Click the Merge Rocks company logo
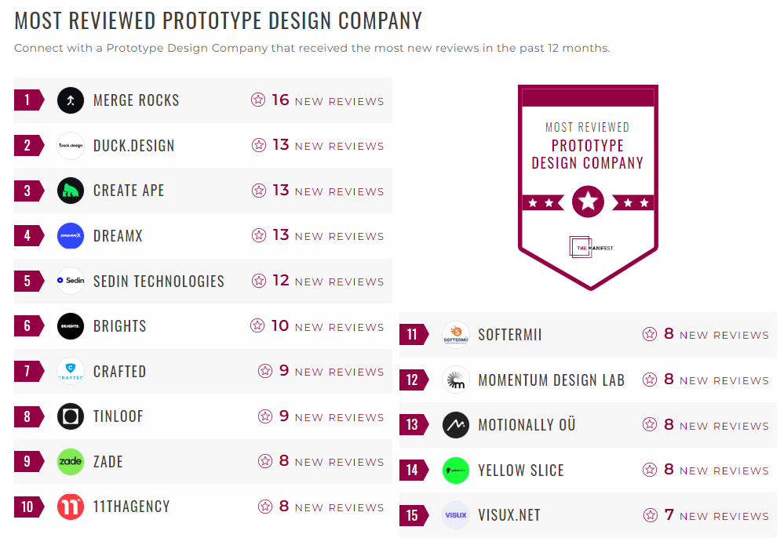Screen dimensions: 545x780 [71, 100]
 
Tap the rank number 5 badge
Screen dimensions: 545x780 [28, 281]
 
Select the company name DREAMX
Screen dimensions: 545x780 [118, 236]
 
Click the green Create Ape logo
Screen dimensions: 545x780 [71, 191]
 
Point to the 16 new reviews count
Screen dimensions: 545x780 [280, 100]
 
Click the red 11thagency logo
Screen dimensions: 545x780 [71, 507]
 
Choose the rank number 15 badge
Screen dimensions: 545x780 [413, 516]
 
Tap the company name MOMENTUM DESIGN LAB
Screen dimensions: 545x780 [551, 380]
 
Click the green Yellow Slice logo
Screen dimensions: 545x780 [456, 471]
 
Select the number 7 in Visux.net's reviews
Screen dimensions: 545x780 [669, 515]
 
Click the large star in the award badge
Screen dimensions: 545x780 [588, 202]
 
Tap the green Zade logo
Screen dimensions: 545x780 [71, 462]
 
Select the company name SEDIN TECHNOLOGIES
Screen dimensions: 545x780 [159, 282]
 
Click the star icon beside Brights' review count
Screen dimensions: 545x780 [257, 325]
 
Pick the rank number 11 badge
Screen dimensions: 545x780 [413, 335]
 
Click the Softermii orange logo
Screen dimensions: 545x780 [456, 335]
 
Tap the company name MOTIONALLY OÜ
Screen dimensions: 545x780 [527, 425]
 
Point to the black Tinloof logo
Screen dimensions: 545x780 [71, 416]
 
